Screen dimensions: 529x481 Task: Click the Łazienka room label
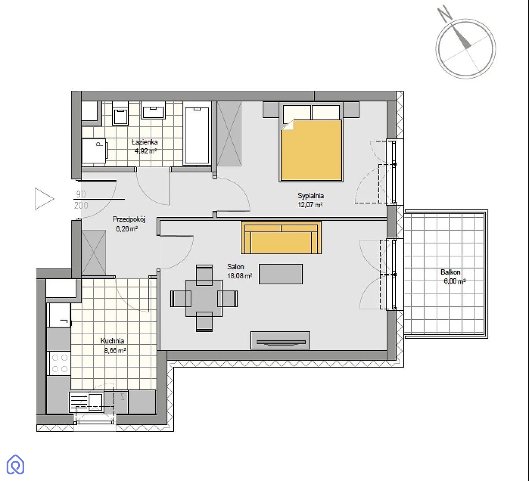tap(145, 142)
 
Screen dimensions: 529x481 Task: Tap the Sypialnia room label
tap(311, 196)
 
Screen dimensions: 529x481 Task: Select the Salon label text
tap(235, 267)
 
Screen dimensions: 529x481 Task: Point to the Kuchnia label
tap(112, 341)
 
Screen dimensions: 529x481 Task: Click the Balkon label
tap(451, 272)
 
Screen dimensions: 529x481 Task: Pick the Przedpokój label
tap(129, 219)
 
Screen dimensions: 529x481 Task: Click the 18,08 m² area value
tap(239, 276)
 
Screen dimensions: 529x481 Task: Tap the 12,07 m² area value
tap(310, 205)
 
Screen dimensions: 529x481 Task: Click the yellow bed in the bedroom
tap(311, 142)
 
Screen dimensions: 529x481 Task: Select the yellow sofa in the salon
tap(281, 238)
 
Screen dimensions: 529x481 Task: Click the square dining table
tap(204, 298)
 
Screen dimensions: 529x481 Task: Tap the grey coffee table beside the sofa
tap(280, 274)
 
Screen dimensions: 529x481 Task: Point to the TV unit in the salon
tap(280, 340)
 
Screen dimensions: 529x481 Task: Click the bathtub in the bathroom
tap(197, 134)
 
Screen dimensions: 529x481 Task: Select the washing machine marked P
tap(94, 151)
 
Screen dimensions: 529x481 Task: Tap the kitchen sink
tap(86, 402)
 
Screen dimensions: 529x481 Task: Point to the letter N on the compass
tap(445, 14)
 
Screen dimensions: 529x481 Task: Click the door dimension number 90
tap(81, 194)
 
